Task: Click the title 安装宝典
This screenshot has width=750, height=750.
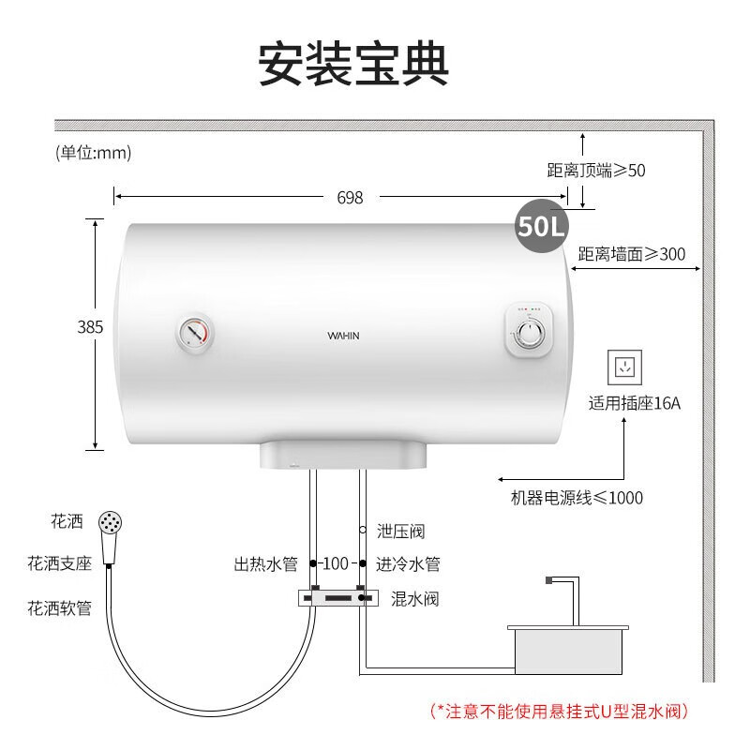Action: [x=353, y=65]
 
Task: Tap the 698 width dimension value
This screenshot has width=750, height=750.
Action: [x=350, y=198]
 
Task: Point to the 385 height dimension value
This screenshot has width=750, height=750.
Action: [x=90, y=327]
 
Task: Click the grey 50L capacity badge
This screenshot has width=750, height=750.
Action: [x=542, y=226]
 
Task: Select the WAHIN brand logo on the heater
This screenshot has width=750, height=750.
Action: [x=343, y=336]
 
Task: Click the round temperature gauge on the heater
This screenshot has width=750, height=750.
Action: [x=194, y=333]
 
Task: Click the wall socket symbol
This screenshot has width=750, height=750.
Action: [x=624, y=367]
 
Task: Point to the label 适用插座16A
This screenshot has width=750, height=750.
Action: [x=635, y=403]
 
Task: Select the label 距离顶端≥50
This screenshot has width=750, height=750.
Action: [x=596, y=171]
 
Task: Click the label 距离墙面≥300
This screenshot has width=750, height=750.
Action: [x=632, y=254]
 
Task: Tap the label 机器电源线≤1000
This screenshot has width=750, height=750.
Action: [x=577, y=498]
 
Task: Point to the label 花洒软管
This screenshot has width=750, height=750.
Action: [x=59, y=608]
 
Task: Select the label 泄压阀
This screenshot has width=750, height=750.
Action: [x=401, y=531]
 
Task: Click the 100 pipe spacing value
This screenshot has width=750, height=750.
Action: [x=336, y=564]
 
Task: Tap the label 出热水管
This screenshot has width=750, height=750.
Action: [x=266, y=564]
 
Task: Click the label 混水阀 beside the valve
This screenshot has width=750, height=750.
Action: [x=414, y=599]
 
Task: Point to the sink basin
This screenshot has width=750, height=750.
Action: [x=568, y=650]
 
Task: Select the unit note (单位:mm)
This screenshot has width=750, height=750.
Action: [x=93, y=153]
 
